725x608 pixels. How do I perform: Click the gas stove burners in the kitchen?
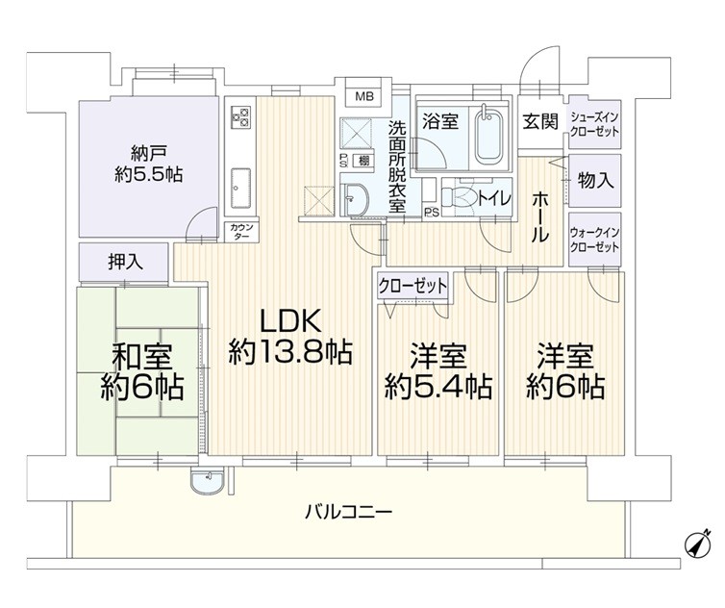(240, 116)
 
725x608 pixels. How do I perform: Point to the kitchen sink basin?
(240, 189)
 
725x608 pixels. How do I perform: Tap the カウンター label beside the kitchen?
(241, 231)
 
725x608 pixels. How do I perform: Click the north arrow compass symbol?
(697, 542)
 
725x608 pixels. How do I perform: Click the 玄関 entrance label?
(540, 121)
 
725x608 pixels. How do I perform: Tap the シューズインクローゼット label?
(594, 124)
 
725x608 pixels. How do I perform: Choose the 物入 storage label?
(594, 180)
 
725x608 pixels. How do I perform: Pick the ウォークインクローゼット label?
(594, 240)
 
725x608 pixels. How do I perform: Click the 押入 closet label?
(125, 263)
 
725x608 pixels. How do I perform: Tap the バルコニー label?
(349, 512)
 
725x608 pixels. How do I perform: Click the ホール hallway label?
(540, 217)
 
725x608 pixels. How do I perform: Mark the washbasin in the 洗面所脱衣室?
(355, 200)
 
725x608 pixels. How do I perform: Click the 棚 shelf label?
(363, 161)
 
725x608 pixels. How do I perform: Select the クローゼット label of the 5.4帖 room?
(412, 286)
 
